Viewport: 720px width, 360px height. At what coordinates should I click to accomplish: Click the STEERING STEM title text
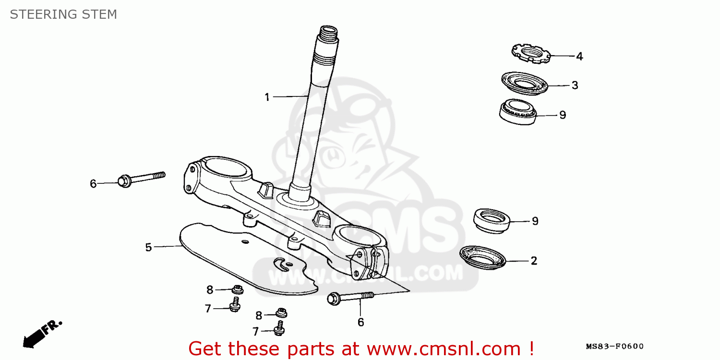[x=63, y=14]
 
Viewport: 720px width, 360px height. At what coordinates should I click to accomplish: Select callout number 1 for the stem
[x=267, y=97]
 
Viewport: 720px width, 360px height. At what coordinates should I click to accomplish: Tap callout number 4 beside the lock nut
[x=579, y=57]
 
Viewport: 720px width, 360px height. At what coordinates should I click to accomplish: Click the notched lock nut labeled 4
[x=531, y=53]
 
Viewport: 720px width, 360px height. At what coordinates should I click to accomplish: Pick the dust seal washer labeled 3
[x=525, y=83]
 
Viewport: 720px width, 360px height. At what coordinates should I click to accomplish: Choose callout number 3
[x=575, y=85]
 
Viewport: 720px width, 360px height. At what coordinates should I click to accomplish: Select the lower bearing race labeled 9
[x=492, y=221]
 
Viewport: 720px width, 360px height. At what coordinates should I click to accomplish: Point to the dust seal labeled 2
[x=482, y=257]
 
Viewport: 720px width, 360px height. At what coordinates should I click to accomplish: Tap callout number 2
[x=534, y=261]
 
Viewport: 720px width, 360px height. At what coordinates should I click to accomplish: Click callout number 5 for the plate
[x=148, y=247]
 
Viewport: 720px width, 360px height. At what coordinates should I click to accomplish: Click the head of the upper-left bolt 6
[x=124, y=181]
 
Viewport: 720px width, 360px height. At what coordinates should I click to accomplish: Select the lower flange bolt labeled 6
[x=350, y=298]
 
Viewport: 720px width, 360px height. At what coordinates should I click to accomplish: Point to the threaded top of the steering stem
[x=328, y=33]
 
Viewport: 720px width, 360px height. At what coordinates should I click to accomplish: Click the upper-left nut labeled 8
[x=238, y=289]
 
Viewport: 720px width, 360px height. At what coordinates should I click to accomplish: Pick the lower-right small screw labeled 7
[x=279, y=328]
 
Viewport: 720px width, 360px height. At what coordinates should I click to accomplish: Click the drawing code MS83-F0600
[x=614, y=346]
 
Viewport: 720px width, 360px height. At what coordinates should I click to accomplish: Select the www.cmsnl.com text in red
[x=444, y=349]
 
